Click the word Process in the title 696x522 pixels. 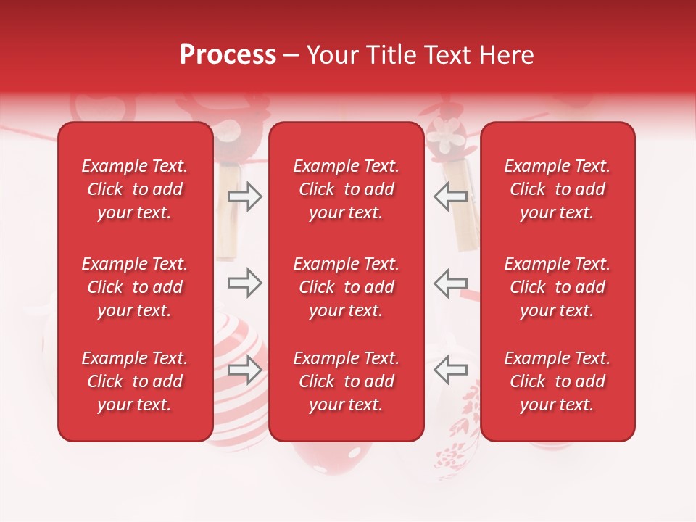coord(228,54)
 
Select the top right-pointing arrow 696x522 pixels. coord(245,196)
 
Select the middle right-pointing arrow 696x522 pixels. coord(245,283)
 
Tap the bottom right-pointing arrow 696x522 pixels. coord(245,370)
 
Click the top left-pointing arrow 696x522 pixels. coord(450,196)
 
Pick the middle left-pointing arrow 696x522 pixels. coord(450,283)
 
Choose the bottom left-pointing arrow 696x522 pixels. coord(450,370)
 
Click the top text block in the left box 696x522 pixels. coord(135,189)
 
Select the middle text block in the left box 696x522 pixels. coord(135,287)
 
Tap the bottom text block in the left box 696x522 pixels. coord(135,381)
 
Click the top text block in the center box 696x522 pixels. coord(346,189)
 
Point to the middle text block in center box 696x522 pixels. coord(346,287)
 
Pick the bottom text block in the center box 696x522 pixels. coord(346,381)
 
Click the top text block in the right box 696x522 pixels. coord(557,189)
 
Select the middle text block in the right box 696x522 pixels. coord(557,287)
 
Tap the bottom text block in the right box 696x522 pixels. coord(557,381)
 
